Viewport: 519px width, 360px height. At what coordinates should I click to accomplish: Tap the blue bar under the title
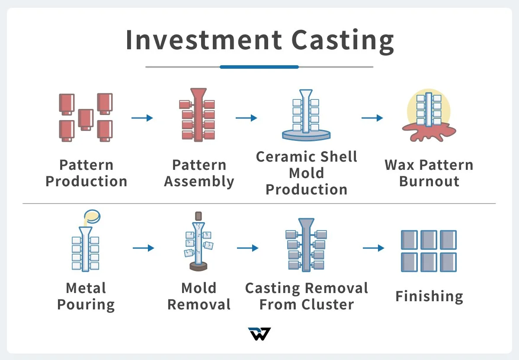tap(259, 67)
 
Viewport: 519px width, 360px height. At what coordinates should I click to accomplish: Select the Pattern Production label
tap(86, 173)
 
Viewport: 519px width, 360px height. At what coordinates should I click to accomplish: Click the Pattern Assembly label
tap(199, 173)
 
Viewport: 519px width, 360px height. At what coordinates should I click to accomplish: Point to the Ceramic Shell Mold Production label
tap(306, 173)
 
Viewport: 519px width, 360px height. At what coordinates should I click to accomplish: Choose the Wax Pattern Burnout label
tap(429, 173)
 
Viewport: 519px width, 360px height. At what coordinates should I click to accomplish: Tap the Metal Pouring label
tap(86, 296)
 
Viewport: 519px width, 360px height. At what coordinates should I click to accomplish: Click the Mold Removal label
tap(199, 296)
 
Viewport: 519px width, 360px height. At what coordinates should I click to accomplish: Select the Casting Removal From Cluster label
tap(306, 296)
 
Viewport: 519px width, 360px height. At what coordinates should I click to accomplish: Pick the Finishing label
tap(429, 296)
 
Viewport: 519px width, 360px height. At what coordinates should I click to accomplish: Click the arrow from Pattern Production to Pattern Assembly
tap(142, 118)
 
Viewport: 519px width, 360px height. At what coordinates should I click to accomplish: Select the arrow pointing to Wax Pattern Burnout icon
tap(372, 118)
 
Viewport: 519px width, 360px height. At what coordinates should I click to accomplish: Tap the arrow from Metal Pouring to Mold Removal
tap(143, 248)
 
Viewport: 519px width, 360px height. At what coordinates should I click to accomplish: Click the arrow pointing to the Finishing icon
tap(373, 248)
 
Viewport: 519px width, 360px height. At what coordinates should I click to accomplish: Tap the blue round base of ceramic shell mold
tap(306, 135)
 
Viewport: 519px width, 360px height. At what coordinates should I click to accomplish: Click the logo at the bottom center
tap(259, 334)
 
